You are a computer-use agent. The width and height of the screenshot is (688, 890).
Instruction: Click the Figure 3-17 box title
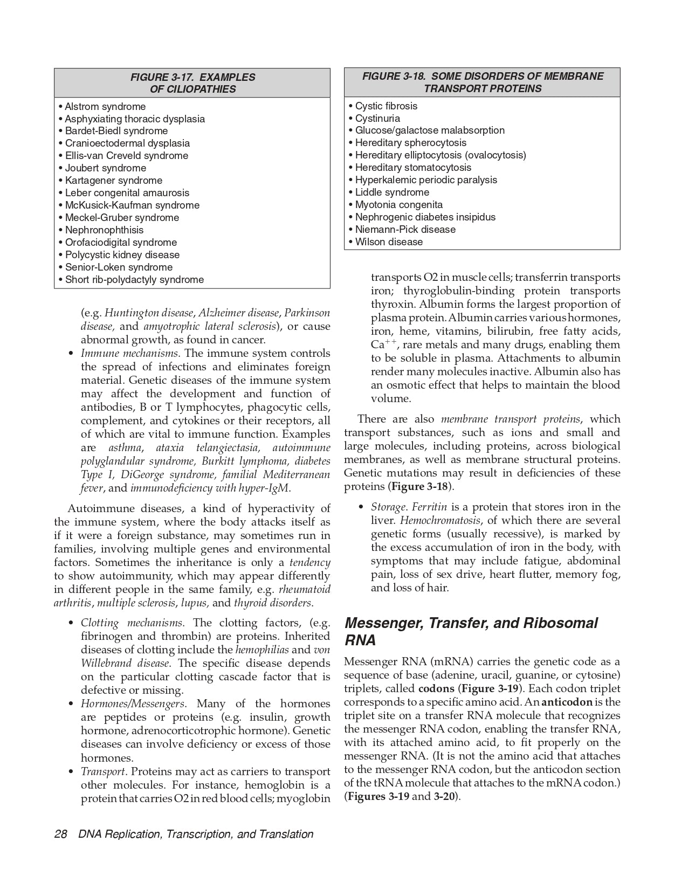[192, 83]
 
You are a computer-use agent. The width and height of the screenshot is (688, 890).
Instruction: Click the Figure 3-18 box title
[483, 82]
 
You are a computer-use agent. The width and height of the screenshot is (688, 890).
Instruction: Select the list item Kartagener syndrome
[113, 181]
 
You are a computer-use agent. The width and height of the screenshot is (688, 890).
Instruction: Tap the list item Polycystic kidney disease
[122, 255]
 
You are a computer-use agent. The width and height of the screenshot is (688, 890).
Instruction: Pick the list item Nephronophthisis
[104, 230]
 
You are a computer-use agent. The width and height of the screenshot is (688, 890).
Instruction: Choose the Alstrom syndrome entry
[105, 107]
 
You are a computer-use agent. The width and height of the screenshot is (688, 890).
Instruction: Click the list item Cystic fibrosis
[386, 106]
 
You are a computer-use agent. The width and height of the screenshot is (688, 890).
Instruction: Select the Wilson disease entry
[389, 242]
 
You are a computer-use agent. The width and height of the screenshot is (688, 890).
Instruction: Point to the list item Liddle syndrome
[392, 192]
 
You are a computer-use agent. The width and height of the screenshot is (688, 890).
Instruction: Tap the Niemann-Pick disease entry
[405, 230]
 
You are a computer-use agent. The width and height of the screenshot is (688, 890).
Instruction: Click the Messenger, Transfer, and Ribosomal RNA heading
[471, 631]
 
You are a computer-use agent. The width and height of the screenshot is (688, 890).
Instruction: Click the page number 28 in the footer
[60, 834]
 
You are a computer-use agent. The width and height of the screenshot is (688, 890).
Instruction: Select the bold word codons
[436, 689]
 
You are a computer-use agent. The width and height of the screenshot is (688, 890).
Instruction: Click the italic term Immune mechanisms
[130, 354]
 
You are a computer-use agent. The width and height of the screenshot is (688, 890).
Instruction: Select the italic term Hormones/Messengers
[134, 704]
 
